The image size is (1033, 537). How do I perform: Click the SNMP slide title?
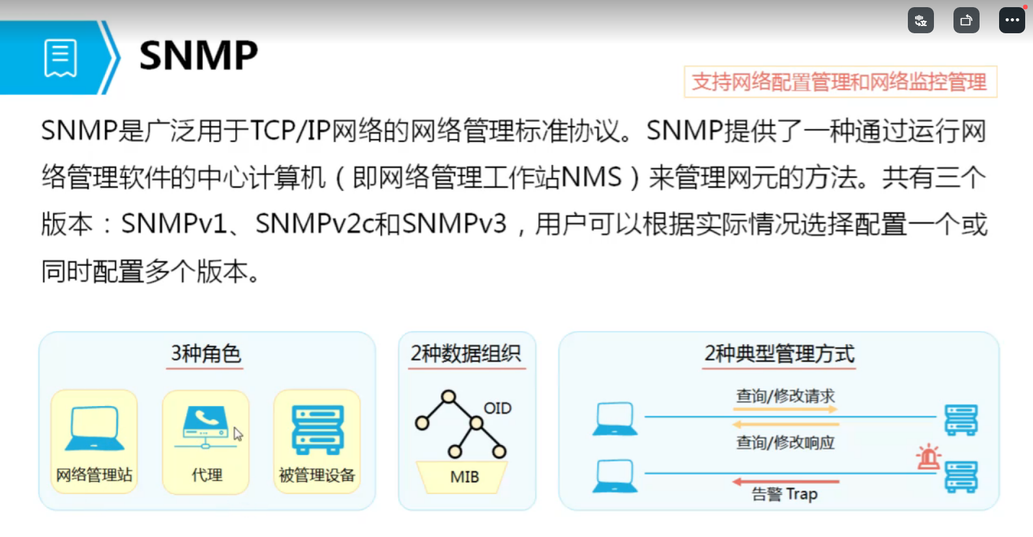[198, 55]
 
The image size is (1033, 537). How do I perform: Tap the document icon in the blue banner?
[61, 58]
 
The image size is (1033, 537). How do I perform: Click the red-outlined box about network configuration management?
[839, 82]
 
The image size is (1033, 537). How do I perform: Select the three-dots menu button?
[1011, 20]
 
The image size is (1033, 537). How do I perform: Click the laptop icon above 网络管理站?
[95, 428]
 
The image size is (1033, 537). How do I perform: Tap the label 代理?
[207, 475]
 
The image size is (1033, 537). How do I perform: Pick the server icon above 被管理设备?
[317, 429]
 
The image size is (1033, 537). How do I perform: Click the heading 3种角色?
[205, 354]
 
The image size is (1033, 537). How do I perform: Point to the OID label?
[497, 409]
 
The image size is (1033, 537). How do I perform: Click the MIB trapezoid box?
[464, 477]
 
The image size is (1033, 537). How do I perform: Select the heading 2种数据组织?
[465, 354]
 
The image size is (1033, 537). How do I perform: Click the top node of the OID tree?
[448, 396]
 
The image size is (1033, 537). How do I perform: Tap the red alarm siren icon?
[928, 457]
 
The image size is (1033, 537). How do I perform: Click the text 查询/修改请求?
[785, 396]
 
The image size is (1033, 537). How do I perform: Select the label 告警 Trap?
[785, 495]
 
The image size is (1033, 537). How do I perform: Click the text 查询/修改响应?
[785, 443]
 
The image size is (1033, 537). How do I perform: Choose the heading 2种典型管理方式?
[779, 354]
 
